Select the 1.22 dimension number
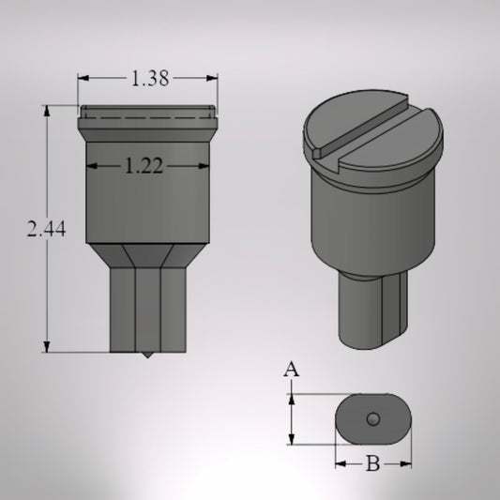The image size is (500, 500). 144,166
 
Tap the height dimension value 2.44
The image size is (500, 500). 46,229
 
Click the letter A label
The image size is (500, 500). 292,371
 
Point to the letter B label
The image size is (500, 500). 371,462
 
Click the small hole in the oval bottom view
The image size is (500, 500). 372,418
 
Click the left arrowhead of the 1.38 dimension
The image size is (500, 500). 82,80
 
